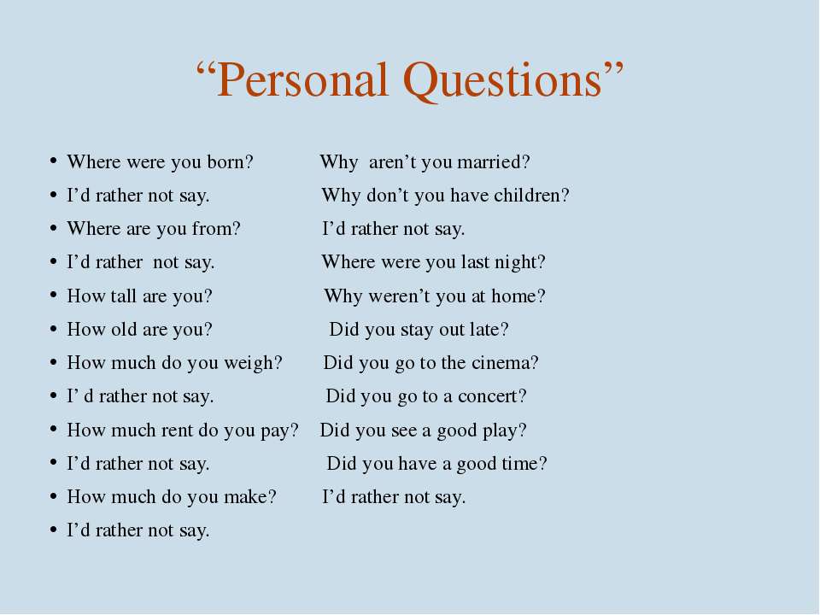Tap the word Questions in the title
503,82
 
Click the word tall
123,296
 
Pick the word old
124,329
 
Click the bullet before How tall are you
53,295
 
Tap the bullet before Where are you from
53,228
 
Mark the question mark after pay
294,430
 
